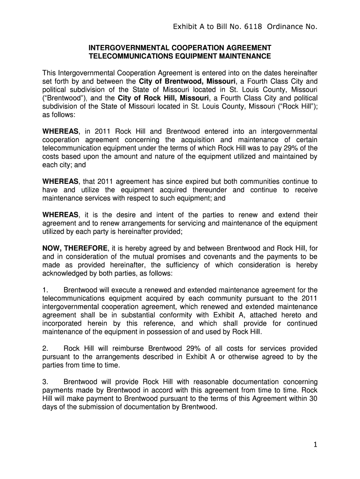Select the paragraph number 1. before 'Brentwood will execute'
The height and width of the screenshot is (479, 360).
click(x=46, y=290)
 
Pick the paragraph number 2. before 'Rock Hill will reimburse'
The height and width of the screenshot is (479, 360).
click(x=46, y=348)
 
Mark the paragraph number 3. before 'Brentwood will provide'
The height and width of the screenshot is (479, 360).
click(x=46, y=382)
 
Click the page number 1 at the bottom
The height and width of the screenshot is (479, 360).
click(x=316, y=445)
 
